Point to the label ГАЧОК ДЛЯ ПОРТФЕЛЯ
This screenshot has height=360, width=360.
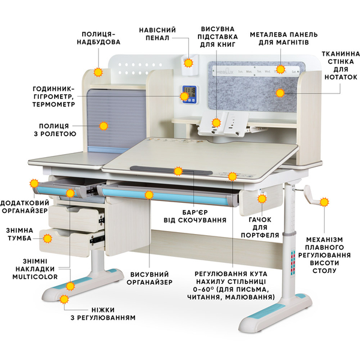tap(264, 226)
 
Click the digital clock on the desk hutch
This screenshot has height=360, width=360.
tap(188, 94)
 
